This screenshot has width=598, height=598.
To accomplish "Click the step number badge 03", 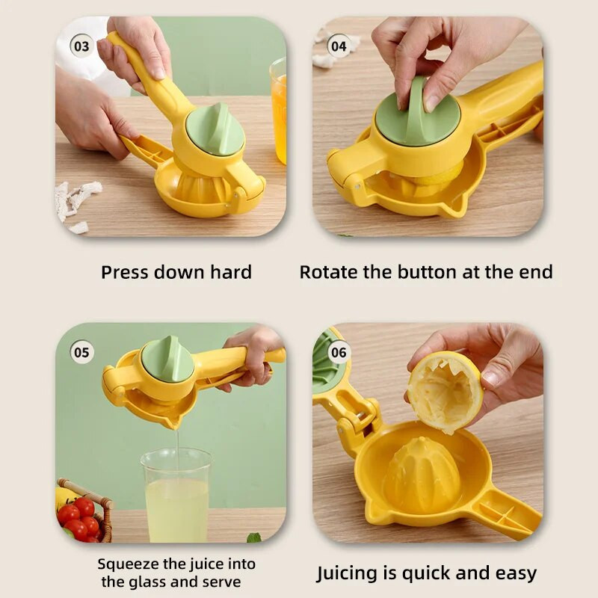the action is [x=81, y=46].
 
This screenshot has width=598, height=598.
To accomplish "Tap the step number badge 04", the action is [x=339, y=46].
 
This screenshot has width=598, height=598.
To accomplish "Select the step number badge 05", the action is [x=81, y=352].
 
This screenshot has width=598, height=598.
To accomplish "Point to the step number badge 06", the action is [x=339, y=352].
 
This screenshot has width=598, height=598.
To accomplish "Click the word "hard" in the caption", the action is [x=231, y=272].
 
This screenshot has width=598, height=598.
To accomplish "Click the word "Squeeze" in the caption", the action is [x=128, y=564].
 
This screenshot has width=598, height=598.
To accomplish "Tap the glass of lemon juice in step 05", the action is [x=176, y=495].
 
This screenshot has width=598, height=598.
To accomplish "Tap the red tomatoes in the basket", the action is [x=80, y=519].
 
